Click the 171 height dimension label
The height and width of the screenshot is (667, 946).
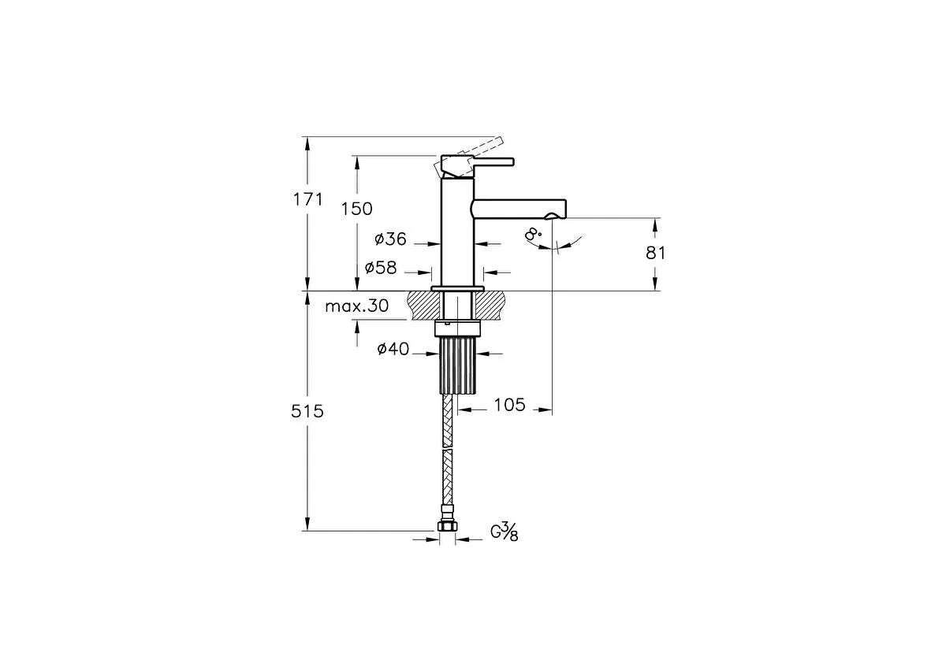[x=308, y=199]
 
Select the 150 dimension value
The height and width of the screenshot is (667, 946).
[x=357, y=209]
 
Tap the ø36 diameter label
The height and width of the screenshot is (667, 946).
[x=390, y=239]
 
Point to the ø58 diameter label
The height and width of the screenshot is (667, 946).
[x=381, y=268]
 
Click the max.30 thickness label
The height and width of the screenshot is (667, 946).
[x=357, y=306]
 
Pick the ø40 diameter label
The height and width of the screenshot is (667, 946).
[x=393, y=349]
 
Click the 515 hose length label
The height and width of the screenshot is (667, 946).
[x=307, y=411]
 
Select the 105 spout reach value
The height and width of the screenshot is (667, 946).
[x=510, y=405]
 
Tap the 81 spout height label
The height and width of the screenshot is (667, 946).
[x=655, y=253]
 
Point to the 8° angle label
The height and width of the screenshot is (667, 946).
[x=533, y=233]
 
